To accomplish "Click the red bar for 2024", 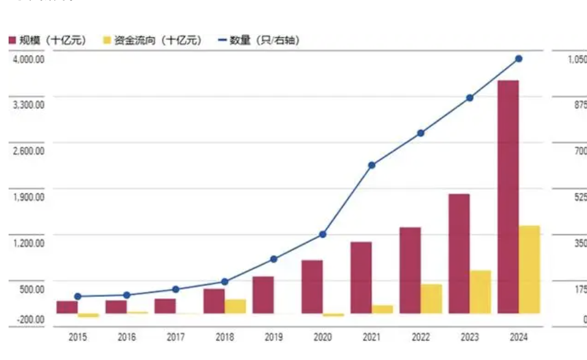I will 508,197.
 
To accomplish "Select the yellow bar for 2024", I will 529,269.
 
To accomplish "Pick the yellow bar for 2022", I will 431,299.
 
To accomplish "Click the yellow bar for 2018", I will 235,306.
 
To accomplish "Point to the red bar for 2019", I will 263,294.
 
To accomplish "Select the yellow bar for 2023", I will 480,292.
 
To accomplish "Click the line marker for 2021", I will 371,165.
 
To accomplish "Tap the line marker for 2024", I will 518,59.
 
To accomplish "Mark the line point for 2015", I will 78,296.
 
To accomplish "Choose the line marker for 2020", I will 322,234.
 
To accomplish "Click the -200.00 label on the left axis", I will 30,320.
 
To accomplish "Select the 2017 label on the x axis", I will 176,337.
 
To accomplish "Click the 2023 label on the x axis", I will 469,337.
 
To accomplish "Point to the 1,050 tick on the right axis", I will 577,59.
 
